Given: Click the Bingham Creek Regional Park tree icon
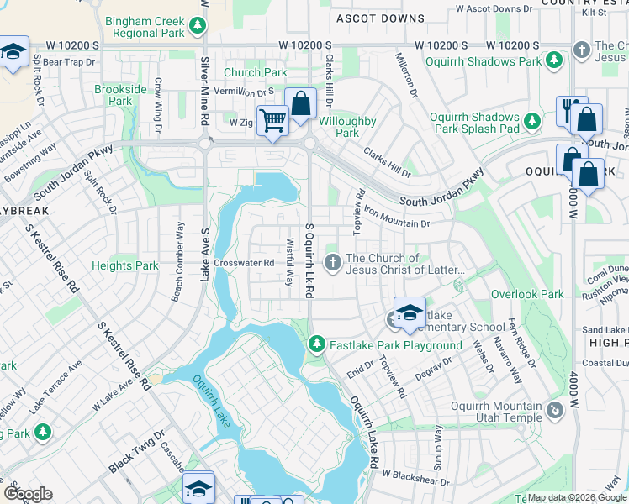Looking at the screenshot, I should click(198, 25).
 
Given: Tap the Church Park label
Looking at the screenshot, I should click(255, 72).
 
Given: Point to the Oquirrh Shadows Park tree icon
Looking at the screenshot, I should click(554, 60).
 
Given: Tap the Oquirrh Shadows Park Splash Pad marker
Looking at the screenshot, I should click(532, 123).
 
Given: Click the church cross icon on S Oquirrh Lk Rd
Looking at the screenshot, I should click(333, 264).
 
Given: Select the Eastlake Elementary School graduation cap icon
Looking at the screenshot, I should click(410, 312).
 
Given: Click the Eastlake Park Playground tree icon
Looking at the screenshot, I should click(317, 344).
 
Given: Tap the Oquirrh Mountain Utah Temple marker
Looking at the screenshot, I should click(554, 411).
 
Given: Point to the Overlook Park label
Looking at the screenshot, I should click(527, 295).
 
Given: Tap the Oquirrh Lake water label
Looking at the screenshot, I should click(211, 402).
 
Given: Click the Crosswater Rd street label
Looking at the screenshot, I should click(245, 263).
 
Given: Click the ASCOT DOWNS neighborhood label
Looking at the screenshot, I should click(380, 18).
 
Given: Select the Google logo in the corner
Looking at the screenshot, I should click(29, 494).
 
